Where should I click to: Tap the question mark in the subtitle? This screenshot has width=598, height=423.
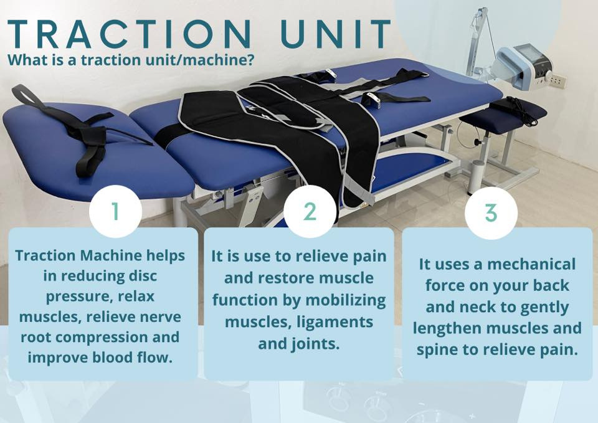click(x=250, y=60)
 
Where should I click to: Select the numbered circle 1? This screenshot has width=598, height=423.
click(x=116, y=211)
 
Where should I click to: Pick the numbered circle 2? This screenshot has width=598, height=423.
click(x=310, y=211)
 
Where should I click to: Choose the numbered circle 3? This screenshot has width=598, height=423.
click(x=491, y=212)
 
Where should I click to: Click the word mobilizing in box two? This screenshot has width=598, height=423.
click(x=346, y=300)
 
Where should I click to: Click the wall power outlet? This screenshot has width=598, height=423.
click(x=556, y=80)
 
